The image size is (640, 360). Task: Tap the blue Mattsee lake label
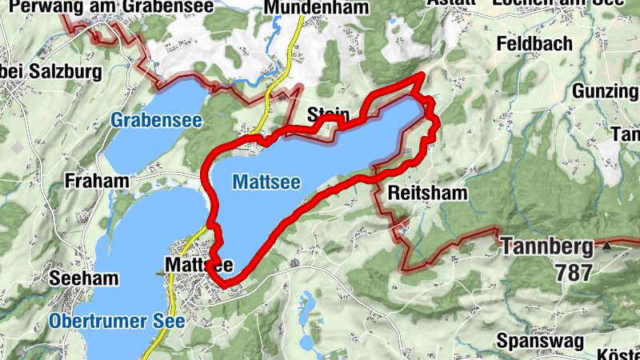[x=266, y=182]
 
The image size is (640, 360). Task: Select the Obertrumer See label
[x=117, y=321]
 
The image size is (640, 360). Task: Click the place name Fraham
[x=98, y=181]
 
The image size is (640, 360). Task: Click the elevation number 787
[x=573, y=273]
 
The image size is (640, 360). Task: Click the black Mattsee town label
[x=198, y=264]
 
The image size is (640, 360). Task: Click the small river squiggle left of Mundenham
[x=277, y=32]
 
